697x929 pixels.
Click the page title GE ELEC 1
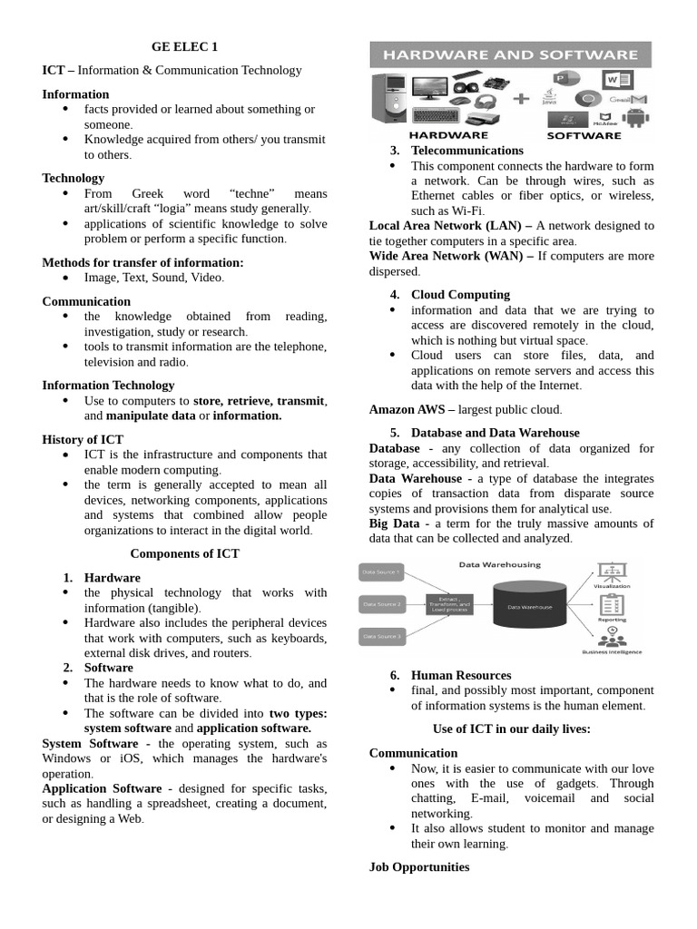point(184,47)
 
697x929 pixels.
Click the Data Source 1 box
point(380,572)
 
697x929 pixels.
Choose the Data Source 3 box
point(380,636)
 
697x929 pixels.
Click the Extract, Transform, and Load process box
point(449,604)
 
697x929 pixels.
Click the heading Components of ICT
point(184,553)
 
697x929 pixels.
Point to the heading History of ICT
point(83,440)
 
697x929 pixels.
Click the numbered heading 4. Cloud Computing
point(460,295)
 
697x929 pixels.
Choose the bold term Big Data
point(394,523)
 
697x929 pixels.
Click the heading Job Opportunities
point(419,867)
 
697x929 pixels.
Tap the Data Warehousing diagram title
point(498,564)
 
